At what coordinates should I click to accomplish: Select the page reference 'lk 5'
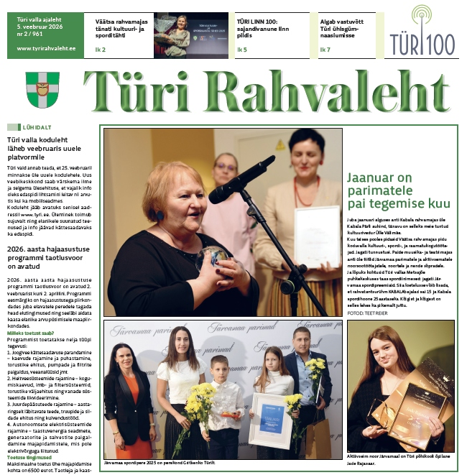click(x=241, y=50)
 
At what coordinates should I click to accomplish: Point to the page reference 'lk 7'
click(x=325, y=50)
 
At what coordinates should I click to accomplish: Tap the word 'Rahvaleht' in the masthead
click(x=327, y=93)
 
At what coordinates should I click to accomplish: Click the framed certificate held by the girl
click(x=271, y=420)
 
